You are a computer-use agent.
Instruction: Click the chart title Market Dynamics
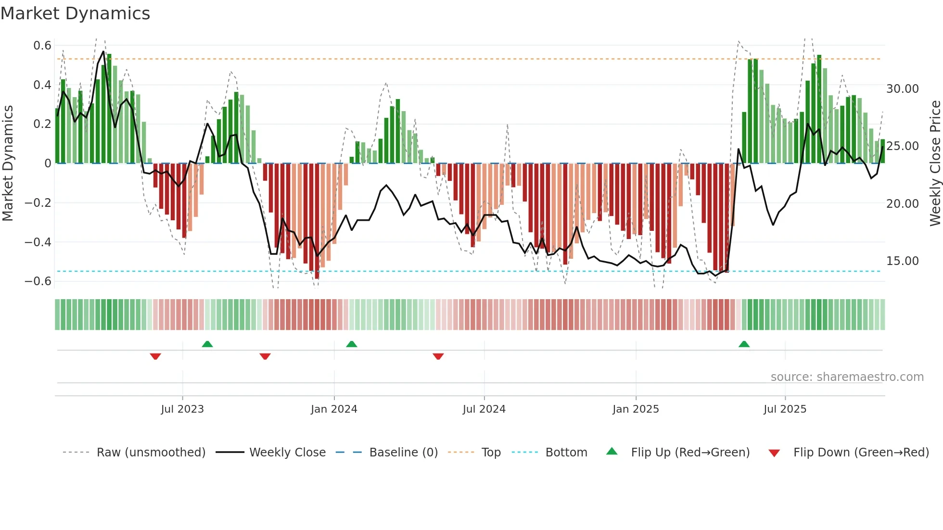pos(76,13)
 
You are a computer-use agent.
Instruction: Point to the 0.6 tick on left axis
pos(42,46)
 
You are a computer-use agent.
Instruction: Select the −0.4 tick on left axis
pos(38,242)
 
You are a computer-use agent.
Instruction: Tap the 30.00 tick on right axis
pos(902,89)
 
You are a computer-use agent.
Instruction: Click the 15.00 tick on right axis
pos(902,261)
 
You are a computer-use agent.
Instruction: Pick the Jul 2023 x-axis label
pos(182,409)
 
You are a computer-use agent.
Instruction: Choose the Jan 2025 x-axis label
pos(636,409)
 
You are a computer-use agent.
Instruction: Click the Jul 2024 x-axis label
pos(484,409)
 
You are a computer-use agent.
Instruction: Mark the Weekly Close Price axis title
pos(935,163)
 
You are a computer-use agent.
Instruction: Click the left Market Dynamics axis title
pos(8,163)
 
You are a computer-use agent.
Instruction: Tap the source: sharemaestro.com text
pos(847,377)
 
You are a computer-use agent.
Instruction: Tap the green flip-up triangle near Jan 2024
pos(352,344)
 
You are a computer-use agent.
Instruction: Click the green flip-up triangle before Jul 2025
pos(744,344)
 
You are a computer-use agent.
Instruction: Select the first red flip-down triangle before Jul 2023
pos(155,356)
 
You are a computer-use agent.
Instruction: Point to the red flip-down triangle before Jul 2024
pos(438,356)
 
